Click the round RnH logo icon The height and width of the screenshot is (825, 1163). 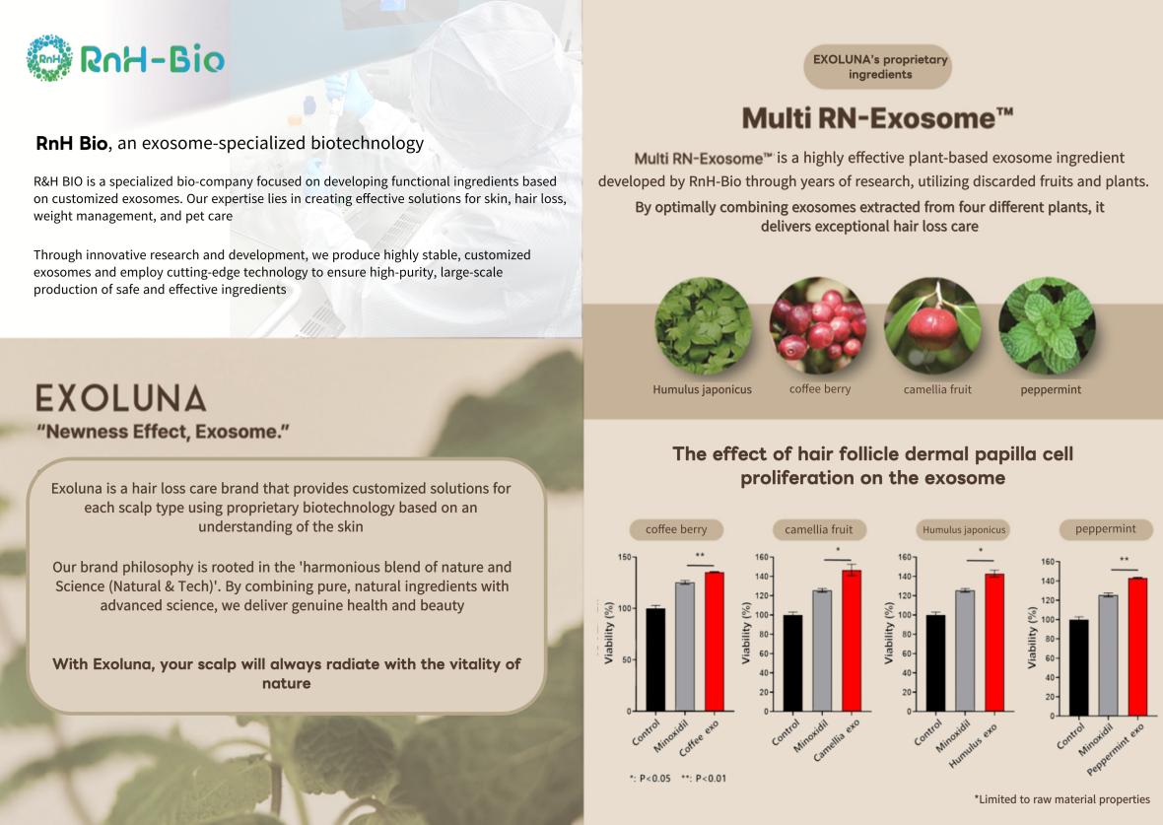pos(49,58)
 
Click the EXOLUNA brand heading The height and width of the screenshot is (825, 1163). pos(121,398)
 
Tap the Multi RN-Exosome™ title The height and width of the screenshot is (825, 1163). pos(877,118)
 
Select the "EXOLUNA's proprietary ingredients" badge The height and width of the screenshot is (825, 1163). pos(877,67)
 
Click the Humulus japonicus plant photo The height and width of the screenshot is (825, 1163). pos(703,326)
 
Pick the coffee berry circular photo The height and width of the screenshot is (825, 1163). pos(818,326)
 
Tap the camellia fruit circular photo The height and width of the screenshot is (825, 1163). pos(933,326)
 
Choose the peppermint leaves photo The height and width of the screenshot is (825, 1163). pos(1048,326)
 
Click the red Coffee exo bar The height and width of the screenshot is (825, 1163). pos(715,642)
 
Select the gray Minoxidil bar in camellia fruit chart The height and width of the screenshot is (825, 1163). pos(822,651)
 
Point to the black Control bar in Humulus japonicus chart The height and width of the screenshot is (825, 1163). pos(936,663)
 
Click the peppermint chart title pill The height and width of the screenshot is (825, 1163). pos(1105,529)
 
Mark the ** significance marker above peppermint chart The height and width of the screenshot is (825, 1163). pos(1125,560)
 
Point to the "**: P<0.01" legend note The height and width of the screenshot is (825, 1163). pos(704,779)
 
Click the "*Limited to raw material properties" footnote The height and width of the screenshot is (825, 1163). pos(1062,799)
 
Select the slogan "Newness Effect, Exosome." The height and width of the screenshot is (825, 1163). pos(164,432)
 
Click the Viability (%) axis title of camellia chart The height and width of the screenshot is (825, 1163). pos(746,633)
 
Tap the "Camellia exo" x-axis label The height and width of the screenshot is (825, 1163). pos(837,739)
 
